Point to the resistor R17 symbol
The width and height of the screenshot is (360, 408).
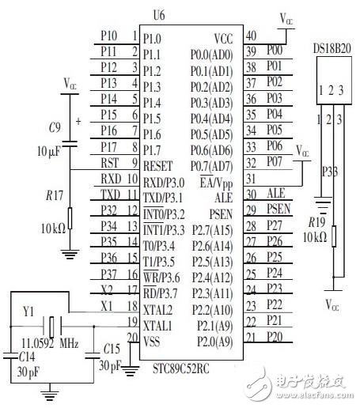coord(70,217)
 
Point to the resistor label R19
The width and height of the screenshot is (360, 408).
coord(316,223)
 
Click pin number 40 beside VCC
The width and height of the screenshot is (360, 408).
coord(252,36)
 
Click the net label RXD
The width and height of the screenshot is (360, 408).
coord(111,179)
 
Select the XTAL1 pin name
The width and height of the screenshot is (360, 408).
coord(159,324)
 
